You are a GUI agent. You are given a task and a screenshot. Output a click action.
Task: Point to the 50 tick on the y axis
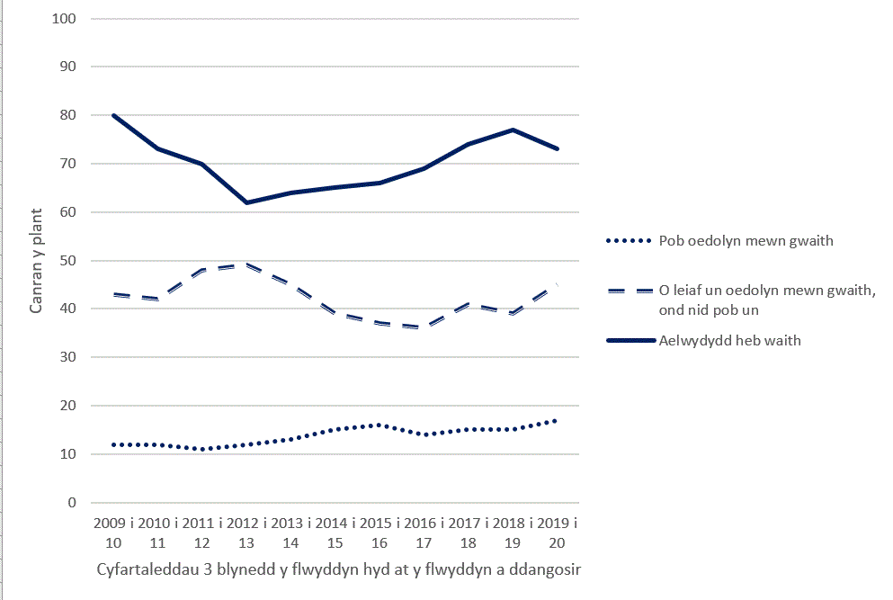(x=69, y=260)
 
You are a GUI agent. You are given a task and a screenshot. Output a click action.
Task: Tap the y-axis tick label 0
(x=73, y=502)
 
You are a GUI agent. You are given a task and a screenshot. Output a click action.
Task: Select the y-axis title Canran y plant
(x=37, y=261)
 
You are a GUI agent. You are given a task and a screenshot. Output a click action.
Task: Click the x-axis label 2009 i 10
(x=113, y=533)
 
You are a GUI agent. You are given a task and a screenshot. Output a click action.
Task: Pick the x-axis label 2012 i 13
(x=246, y=533)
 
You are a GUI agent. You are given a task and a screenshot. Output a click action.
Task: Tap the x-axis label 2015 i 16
(x=380, y=533)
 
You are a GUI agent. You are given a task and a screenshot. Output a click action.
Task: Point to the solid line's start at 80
(x=114, y=115)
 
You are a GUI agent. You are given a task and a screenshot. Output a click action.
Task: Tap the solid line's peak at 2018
(x=513, y=130)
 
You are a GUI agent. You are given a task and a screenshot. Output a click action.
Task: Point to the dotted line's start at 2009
(x=114, y=444)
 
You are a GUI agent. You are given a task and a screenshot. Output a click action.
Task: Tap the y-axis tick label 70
(x=69, y=163)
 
